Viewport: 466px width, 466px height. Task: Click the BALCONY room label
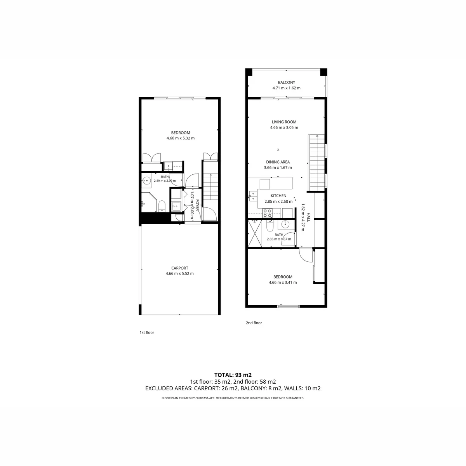[x=286, y=82]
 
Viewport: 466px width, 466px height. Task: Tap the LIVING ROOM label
[x=284, y=122]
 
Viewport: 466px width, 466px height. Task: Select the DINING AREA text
[x=278, y=162]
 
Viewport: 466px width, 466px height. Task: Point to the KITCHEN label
[x=278, y=196]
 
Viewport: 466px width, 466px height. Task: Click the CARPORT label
[x=179, y=268]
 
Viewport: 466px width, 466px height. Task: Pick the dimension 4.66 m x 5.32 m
[x=181, y=138]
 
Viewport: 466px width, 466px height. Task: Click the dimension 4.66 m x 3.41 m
[x=283, y=282]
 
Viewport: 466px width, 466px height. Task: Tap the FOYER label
[x=197, y=205]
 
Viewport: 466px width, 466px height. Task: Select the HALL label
[x=308, y=217]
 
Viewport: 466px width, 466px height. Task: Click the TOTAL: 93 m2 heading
[x=233, y=375]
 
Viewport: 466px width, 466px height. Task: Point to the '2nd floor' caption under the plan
[x=254, y=323]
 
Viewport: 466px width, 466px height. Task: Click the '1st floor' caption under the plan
[x=147, y=332]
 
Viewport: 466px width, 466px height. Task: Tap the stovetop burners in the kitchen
[x=268, y=213]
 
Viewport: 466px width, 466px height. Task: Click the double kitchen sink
[x=253, y=196]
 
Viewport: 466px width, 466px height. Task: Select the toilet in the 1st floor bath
[x=162, y=206]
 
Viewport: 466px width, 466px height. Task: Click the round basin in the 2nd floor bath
[x=285, y=224]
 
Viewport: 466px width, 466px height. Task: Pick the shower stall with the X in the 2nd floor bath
[x=255, y=233]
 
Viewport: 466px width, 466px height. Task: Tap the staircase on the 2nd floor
[x=317, y=163]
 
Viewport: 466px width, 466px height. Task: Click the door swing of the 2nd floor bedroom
[x=306, y=255]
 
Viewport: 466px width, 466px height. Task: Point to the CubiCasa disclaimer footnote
[x=233, y=398]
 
